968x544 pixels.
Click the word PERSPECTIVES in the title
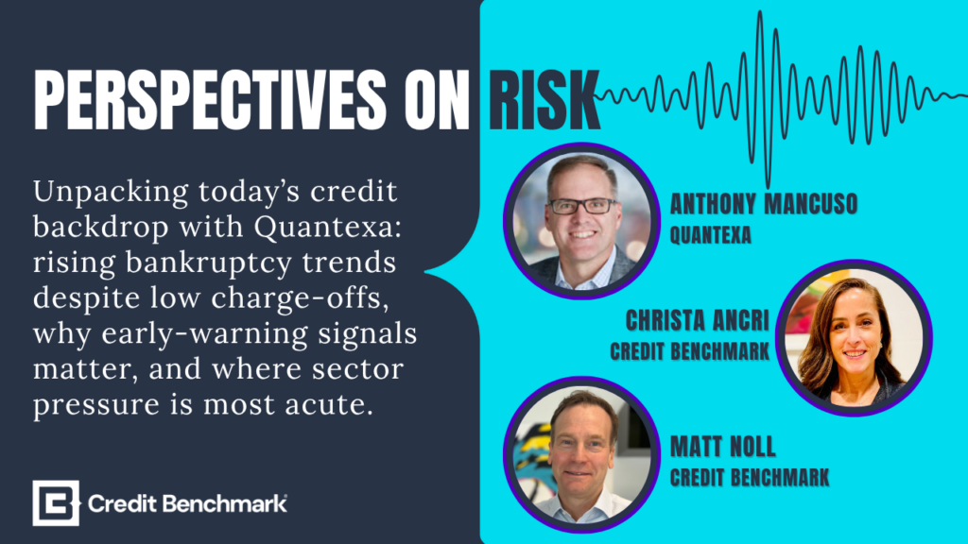pyautogui.click(x=210, y=100)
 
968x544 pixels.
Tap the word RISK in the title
pyautogui.click(x=544, y=100)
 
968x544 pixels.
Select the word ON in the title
pyautogui.click(x=437, y=100)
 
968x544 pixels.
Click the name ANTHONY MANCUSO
pyautogui.click(x=764, y=204)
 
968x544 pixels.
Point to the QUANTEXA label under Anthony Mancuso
pyautogui.click(x=711, y=235)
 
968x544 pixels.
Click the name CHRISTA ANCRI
pyautogui.click(x=698, y=321)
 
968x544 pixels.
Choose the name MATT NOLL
pyautogui.click(x=723, y=447)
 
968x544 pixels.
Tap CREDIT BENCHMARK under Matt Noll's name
pyautogui.click(x=750, y=477)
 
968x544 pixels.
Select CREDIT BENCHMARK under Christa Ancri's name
pyautogui.click(x=689, y=351)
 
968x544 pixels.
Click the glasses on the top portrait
pyautogui.click(x=582, y=206)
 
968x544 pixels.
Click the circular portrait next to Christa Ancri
pyautogui.click(x=854, y=338)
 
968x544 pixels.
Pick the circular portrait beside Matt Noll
pyautogui.click(x=581, y=454)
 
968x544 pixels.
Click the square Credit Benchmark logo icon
pyautogui.click(x=56, y=503)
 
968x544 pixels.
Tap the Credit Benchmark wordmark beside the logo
pyautogui.click(x=187, y=504)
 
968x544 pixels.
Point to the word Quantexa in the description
pyautogui.click(x=328, y=228)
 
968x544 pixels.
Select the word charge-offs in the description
pyautogui.click(x=300, y=298)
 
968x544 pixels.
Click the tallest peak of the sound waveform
pyautogui.click(x=761, y=12)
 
